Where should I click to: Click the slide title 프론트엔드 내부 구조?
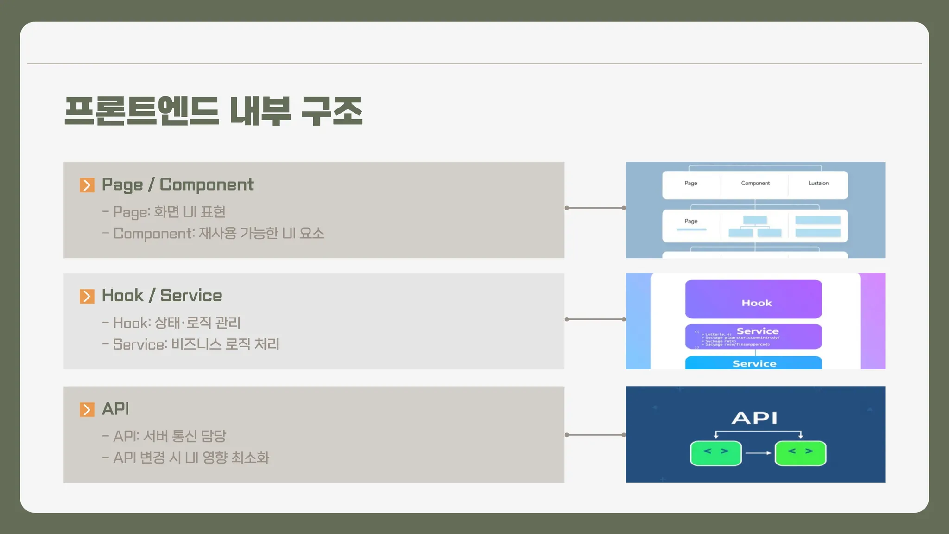(x=213, y=111)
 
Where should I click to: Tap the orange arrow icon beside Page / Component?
(x=87, y=185)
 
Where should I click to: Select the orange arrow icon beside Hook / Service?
(x=87, y=296)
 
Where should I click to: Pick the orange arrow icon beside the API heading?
(x=87, y=409)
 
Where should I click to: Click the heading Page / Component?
(x=177, y=184)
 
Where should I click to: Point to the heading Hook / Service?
(x=162, y=296)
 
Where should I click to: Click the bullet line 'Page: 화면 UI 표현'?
(x=169, y=212)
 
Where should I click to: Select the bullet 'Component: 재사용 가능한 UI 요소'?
(x=219, y=233)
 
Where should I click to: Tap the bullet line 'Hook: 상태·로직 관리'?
(x=177, y=323)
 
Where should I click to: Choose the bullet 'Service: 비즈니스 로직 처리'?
(x=196, y=344)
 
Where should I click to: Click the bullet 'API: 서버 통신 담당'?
(x=170, y=436)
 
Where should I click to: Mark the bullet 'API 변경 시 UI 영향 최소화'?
(x=191, y=458)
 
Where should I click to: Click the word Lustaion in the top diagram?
(x=818, y=184)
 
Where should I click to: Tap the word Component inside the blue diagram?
(x=755, y=184)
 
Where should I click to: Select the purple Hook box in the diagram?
(x=753, y=299)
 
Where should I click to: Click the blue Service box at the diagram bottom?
(x=753, y=363)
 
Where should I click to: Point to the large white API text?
(x=754, y=418)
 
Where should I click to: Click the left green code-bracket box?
(x=715, y=453)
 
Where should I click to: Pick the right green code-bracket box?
(x=800, y=453)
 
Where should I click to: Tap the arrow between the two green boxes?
(x=758, y=453)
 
